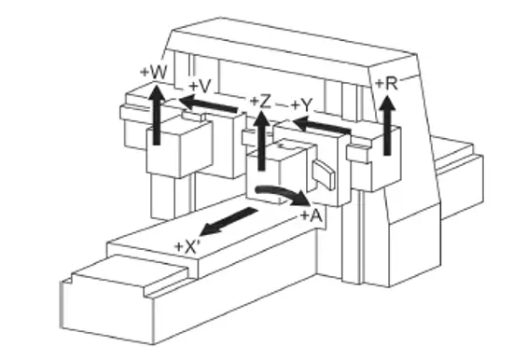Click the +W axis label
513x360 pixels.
pyautogui.click(x=154, y=70)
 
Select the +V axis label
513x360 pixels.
pyautogui.click(x=200, y=85)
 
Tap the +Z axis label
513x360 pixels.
pyautogui.click(x=260, y=100)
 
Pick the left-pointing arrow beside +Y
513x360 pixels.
pyautogui.click(x=317, y=124)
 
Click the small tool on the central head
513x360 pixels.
pyautogui.click(x=323, y=173)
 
